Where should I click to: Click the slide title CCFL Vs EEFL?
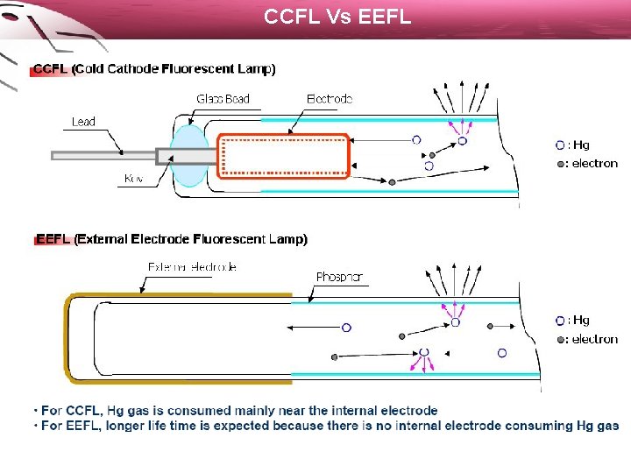(x=337, y=16)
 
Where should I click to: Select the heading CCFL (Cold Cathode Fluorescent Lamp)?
(x=154, y=69)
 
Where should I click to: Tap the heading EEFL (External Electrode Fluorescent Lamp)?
(x=172, y=238)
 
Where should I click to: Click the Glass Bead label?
(x=223, y=99)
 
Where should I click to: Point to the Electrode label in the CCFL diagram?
(x=330, y=99)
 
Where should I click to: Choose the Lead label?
(x=83, y=122)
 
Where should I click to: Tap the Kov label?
(x=134, y=179)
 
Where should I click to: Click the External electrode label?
(x=192, y=266)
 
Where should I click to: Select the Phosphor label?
(x=339, y=277)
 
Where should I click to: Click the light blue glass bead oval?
(x=188, y=156)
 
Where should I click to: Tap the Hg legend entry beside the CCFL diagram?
(x=573, y=145)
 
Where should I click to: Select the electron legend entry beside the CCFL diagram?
(x=587, y=164)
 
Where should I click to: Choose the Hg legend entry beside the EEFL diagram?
(x=573, y=321)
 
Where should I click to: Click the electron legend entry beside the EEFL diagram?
(x=587, y=339)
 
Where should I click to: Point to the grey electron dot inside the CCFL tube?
(x=392, y=182)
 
